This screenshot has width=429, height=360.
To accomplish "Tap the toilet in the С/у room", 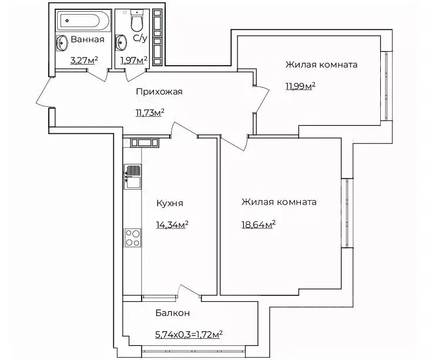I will point(137,22).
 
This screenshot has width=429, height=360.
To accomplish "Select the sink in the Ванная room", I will point(62,43).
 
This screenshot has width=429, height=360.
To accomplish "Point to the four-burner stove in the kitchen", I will point(132,237).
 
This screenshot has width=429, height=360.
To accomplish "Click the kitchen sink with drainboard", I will point(133,176).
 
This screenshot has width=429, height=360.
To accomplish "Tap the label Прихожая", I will point(159,91).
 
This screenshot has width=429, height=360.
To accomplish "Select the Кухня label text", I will point(170,203).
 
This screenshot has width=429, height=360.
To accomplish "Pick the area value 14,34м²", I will point(172,224).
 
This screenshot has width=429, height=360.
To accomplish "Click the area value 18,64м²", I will point(259,224).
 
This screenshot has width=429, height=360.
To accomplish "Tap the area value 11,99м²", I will point(300,86).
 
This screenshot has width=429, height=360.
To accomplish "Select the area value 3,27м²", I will point(83,60).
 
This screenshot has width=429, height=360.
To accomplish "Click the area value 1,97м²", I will point(133,60).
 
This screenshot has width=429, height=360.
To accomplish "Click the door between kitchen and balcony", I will point(189,291).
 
